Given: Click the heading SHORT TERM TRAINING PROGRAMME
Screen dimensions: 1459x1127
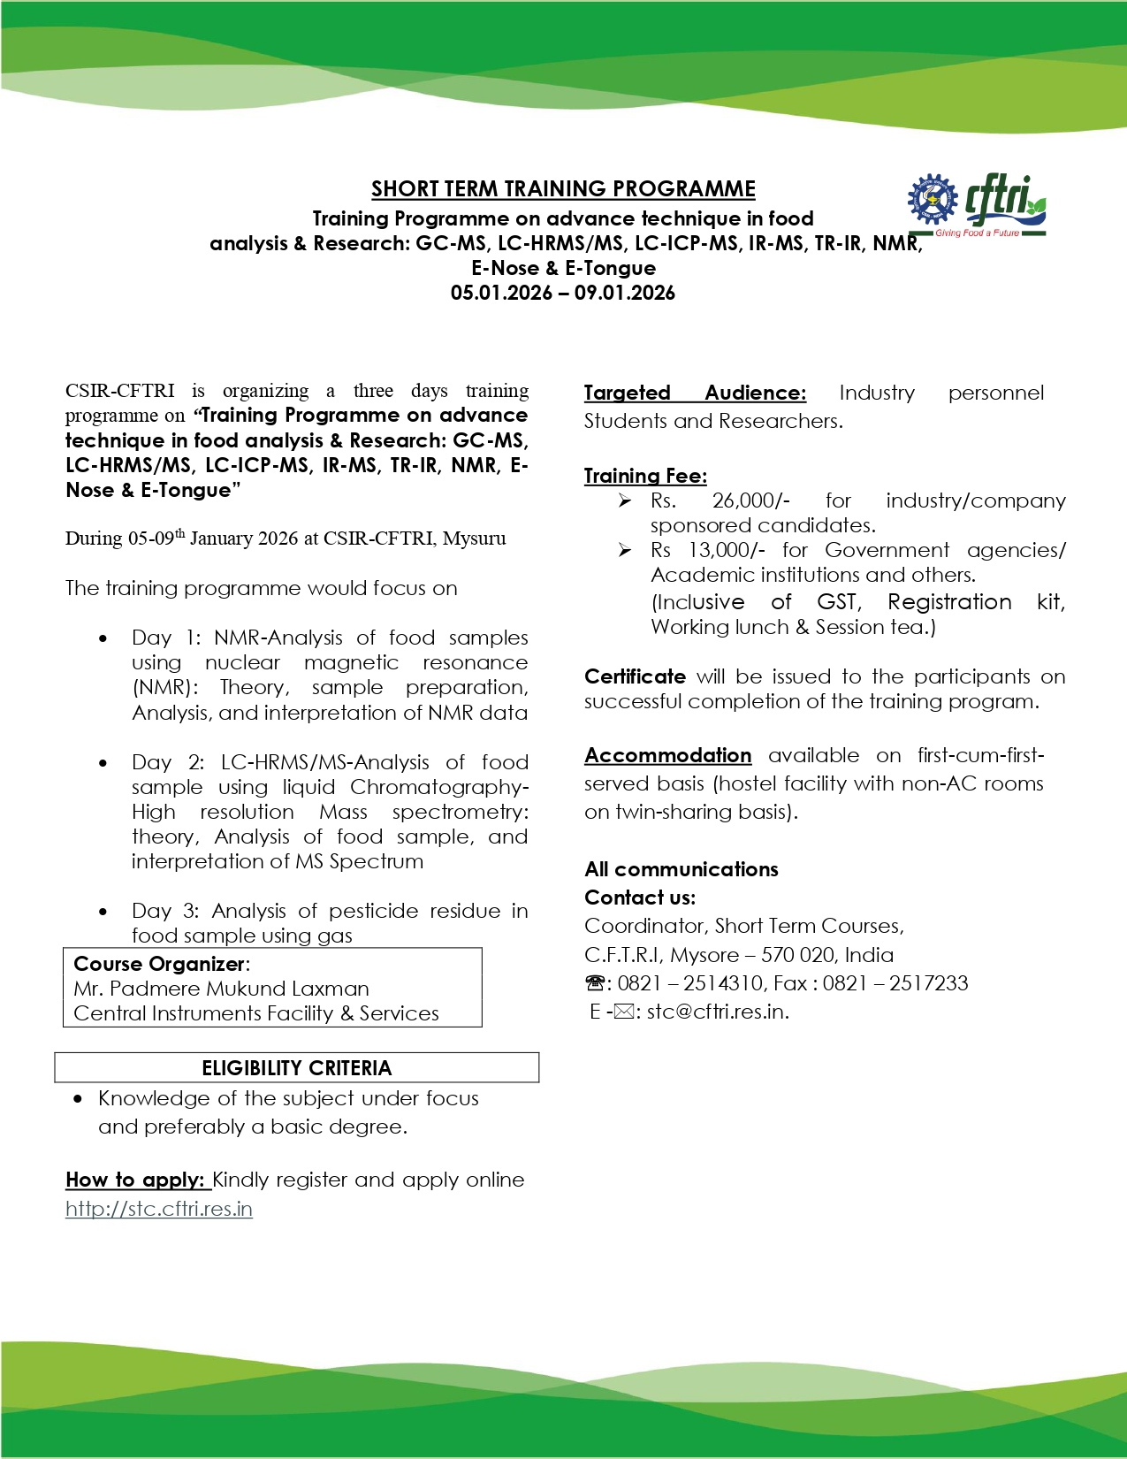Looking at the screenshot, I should (x=563, y=189).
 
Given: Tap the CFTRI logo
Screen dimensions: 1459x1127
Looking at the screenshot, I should (x=978, y=205).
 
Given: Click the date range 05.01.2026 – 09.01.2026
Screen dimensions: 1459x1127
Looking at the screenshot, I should (x=562, y=294).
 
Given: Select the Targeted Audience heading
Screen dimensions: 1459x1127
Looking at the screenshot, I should (x=695, y=393).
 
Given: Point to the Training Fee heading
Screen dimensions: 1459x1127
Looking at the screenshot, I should (x=645, y=477).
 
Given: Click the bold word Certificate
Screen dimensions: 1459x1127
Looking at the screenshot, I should (x=635, y=677).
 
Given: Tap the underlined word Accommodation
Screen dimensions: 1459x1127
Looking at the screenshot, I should (x=667, y=756).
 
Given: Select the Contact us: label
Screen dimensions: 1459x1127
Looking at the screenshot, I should (x=640, y=898).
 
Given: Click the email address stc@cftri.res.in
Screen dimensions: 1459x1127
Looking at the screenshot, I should (x=717, y=1012).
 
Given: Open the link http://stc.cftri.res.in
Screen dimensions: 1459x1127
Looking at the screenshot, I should (x=159, y=1209).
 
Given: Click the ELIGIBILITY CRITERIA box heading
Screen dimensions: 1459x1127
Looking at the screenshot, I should (x=296, y=1068).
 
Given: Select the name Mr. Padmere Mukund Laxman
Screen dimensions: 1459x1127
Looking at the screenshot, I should (x=221, y=989).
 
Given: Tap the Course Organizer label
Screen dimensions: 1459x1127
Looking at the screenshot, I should (x=159, y=964).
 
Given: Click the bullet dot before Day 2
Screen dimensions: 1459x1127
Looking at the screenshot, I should (x=103, y=763).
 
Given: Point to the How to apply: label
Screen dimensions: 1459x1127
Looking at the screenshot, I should (x=135, y=1180).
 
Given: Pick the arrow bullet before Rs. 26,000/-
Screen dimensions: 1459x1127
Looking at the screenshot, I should (x=625, y=501).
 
